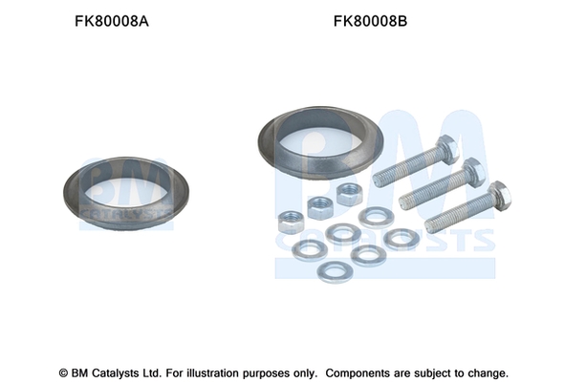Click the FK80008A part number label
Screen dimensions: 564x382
click(x=112, y=21)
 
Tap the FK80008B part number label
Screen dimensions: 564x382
click(x=370, y=21)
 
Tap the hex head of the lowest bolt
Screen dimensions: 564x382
click(x=500, y=197)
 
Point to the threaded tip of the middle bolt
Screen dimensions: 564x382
click(x=404, y=202)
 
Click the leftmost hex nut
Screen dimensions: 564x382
click(x=291, y=223)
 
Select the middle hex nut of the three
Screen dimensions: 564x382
click(x=320, y=207)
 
